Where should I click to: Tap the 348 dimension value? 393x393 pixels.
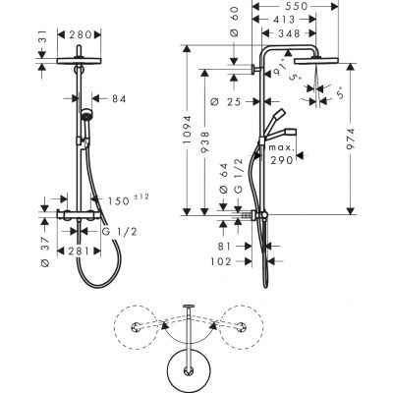288,33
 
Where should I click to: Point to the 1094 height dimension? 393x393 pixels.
187,130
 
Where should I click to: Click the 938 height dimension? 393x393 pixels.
205,142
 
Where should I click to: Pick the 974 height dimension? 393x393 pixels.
351,139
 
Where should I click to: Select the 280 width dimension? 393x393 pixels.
80,34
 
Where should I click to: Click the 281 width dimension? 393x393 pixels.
79,252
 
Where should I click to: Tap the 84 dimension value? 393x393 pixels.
119,98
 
